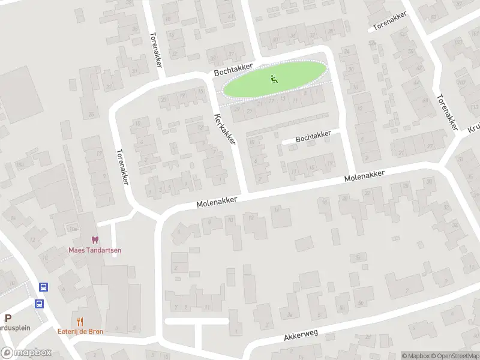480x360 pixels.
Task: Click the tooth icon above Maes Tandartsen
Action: tap(93, 240)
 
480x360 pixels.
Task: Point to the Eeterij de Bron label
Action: tap(80, 331)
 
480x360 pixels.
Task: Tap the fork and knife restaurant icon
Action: tap(80, 322)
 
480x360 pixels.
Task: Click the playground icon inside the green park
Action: tap(274, 78)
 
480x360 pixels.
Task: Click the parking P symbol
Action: tap(8, 319)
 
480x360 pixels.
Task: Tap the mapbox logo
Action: tap(26, 353)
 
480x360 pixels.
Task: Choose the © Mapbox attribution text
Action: tap(415, 356)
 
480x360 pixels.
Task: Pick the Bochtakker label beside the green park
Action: tap(234, 70)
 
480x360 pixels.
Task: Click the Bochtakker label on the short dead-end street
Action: tap(313, 137)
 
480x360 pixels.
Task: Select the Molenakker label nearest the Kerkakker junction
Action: tap(217, 202)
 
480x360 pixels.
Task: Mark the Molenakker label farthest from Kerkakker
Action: tap(364, 176)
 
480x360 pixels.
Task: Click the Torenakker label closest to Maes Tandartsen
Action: tap(122, 167)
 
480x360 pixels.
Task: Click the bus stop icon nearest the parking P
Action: tap(39, 304)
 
